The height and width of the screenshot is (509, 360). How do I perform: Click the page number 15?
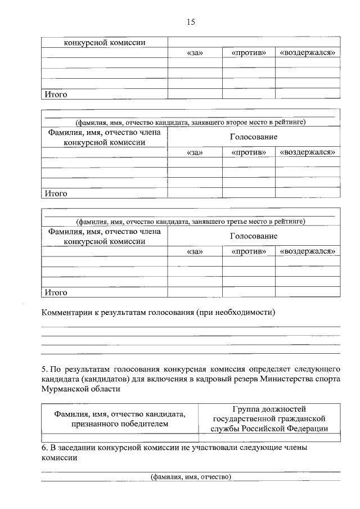coord(190,22)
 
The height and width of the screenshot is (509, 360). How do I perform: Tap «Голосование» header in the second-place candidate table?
coord(253,137)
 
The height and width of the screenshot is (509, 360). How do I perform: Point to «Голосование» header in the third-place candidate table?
coord(253,236)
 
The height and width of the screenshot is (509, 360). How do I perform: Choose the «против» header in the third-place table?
coord(248,251)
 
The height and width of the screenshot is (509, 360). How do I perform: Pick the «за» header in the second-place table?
coord(194,152)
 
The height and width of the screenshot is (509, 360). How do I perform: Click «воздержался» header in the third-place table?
coord(308,251)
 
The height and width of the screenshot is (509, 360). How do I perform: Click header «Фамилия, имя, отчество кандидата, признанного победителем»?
coord(120,418)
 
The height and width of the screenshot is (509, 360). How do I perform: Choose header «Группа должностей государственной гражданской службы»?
coord(269,418)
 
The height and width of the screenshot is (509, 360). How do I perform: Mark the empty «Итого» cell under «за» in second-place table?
coord(194,193)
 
